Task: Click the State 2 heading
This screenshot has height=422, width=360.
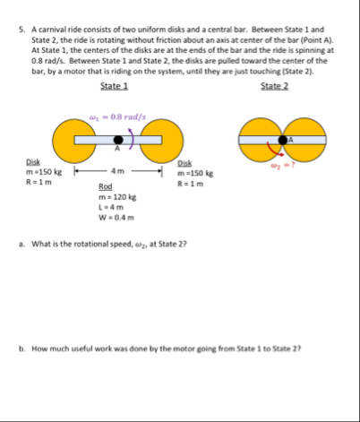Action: pos(275,86)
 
